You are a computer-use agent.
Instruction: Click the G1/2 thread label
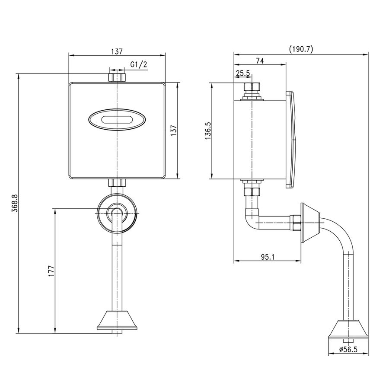coord(139,65)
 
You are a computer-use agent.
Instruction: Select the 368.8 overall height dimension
coord(15,203)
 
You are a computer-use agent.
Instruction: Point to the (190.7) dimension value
coord(301,49)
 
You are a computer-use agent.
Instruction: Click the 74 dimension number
coord(260,61)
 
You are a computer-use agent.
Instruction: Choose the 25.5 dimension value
coord(243,73)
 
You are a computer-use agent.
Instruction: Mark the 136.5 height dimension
coord(208,131)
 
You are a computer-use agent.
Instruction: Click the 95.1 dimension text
coord(268,257)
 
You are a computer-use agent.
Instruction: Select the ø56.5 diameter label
coord(348,350)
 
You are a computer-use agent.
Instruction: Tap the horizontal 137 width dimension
coord(117,51)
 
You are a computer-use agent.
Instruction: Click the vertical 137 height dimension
coord(174,130)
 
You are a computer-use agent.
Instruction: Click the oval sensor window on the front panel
coord(117,120)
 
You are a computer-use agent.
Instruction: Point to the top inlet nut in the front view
coord(117,77)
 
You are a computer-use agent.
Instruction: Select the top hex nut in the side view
coord(252,87)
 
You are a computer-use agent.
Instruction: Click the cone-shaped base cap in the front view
coord(117,321)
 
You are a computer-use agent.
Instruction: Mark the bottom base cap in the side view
coord(348,329)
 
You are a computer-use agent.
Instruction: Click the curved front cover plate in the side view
coord(291,140)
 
